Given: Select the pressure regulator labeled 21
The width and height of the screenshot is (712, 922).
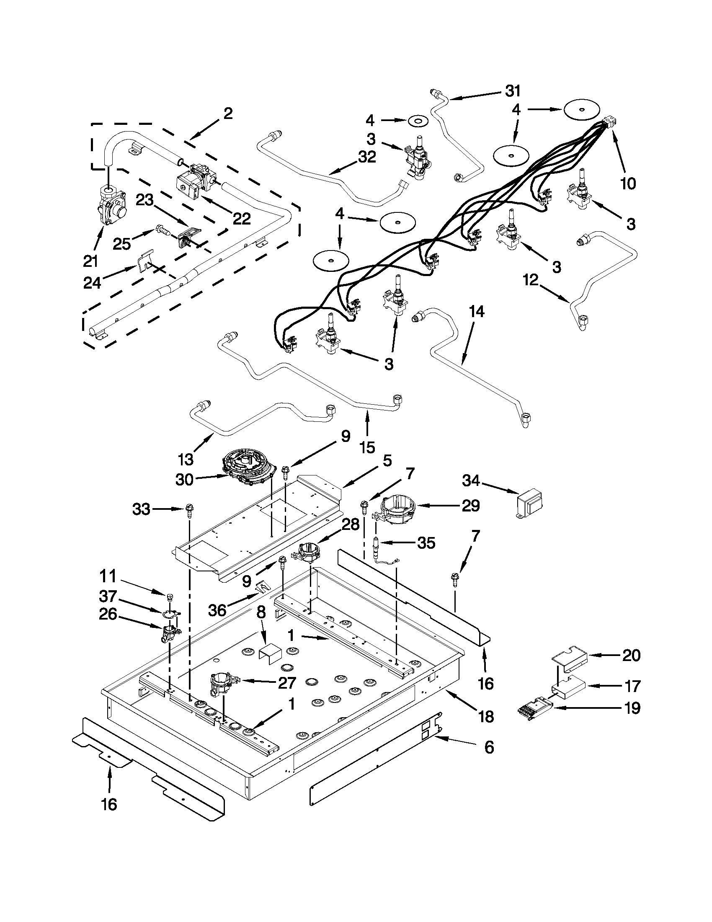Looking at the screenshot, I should coord(111,205).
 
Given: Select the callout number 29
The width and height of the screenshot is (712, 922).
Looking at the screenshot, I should coord(470,505).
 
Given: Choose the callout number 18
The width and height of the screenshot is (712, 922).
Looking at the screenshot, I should coord(486,716).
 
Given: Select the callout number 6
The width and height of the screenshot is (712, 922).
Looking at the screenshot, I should coord(489,747).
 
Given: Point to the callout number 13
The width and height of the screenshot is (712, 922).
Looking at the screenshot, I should coord(186,458).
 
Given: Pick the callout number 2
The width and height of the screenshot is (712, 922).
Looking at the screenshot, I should coord(228,114).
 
